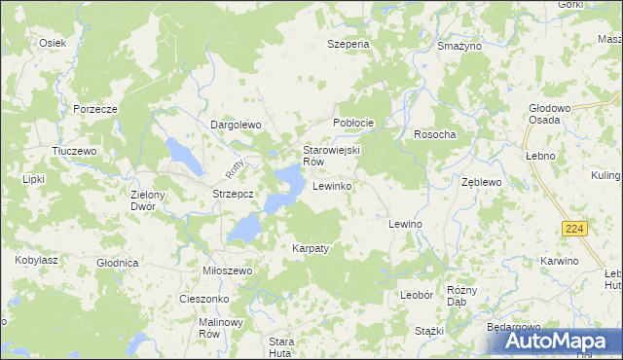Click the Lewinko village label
coord(332,185)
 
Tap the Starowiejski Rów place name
coord(332,156)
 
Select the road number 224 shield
coord(573,228)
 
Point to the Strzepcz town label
coord(234,195)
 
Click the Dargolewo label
coord(238,125)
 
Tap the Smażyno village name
coord(460,46)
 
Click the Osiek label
coord(52,43)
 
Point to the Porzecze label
coord(94,108)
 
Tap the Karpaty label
coord(311,248)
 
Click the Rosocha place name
coord(435,134)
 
